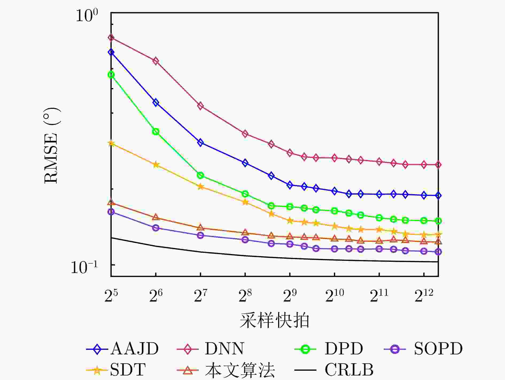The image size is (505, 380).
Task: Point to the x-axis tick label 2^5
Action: click(x=111, y=296)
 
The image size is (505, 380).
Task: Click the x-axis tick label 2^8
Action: click(x=245, y=296)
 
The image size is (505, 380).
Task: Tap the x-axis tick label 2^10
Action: click(x=335, y=296)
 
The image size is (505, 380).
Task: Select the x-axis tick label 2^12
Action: click(x=424, y=296)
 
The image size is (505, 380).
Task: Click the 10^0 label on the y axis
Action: click(x=87, y=15)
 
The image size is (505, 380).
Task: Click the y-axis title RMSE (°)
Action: click(x=51, y=145)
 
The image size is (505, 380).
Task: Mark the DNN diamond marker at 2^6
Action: click(x=156, y=61)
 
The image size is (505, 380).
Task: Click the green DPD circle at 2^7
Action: click(x=200, y=175)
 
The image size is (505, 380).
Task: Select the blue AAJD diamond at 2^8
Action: click(x=245, y=163)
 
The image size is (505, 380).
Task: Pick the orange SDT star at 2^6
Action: click(x=156, y=165)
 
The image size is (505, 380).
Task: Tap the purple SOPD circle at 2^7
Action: click(x=200, y=235)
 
